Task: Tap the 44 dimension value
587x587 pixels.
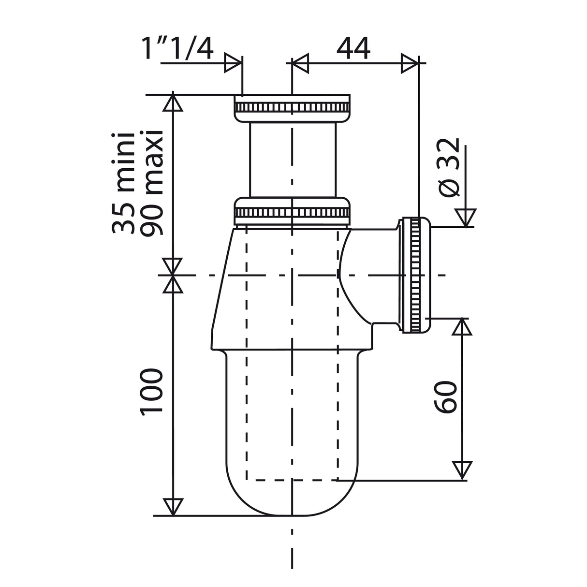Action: point(353,48)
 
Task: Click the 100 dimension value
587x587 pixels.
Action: point(151,392)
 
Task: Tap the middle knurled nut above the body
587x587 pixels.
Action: point(292,211)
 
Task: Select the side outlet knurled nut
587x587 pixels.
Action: point(414,275)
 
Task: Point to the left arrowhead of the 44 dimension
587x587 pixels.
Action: point(300,63)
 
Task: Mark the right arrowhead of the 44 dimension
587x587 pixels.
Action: point(409,63)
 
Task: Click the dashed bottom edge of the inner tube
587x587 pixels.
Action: point(292,480)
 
